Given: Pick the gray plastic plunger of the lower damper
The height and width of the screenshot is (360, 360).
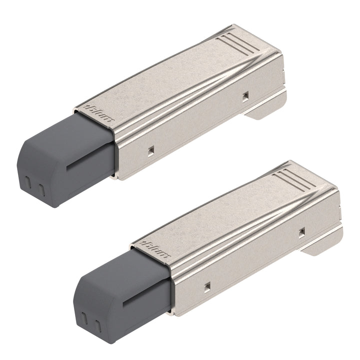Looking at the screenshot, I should click(122, 295).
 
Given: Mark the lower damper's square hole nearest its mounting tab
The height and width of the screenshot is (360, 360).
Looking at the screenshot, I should click(301, 231).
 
